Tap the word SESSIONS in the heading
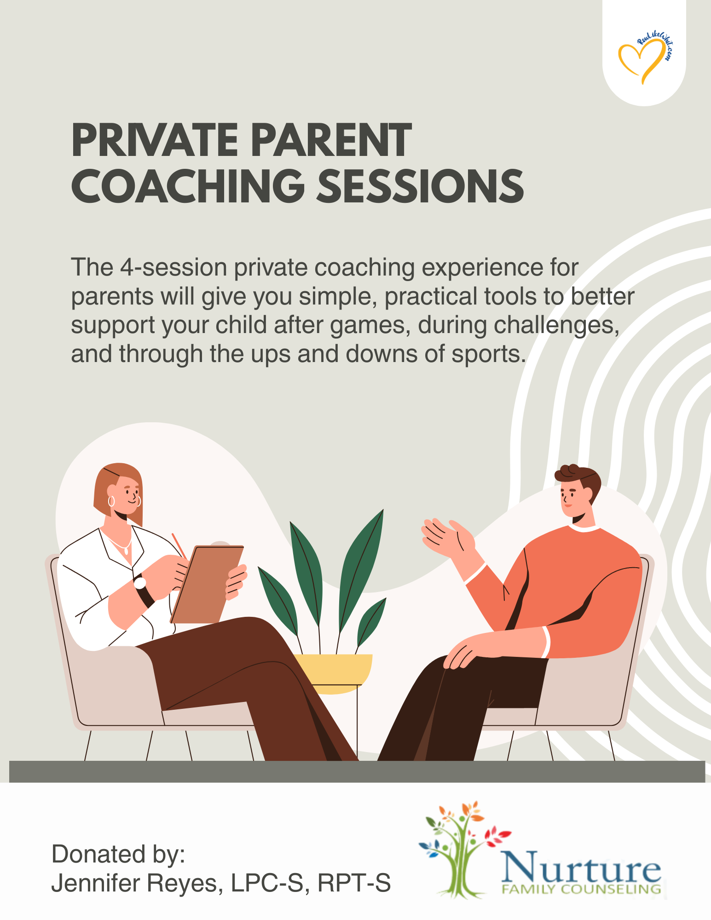coord(421,186)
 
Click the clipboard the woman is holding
coord(207,584)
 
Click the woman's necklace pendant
coord(126,551)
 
